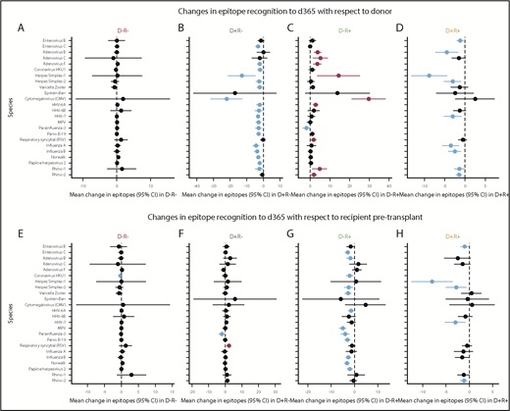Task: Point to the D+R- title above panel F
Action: click(x=228, y=237)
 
